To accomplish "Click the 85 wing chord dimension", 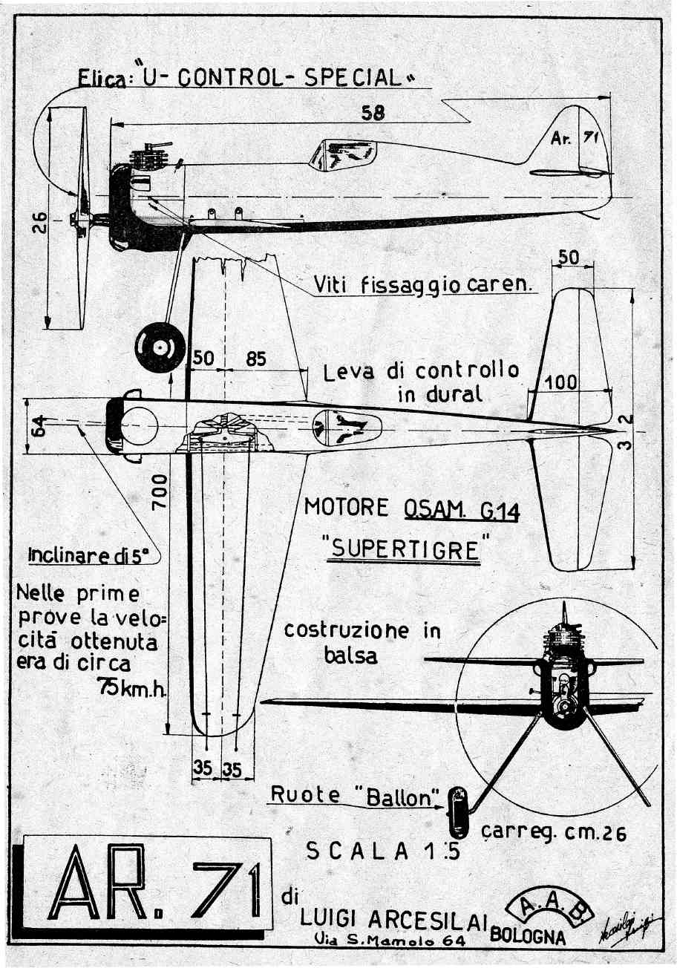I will pyautogui.click(x=255, y=359).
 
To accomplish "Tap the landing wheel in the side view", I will pyautogui.click(x=160, y=347).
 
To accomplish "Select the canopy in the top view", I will pyautogui.click(x=347, y=428).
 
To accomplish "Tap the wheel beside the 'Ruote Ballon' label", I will pyautogui.click(x=457, y=811).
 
